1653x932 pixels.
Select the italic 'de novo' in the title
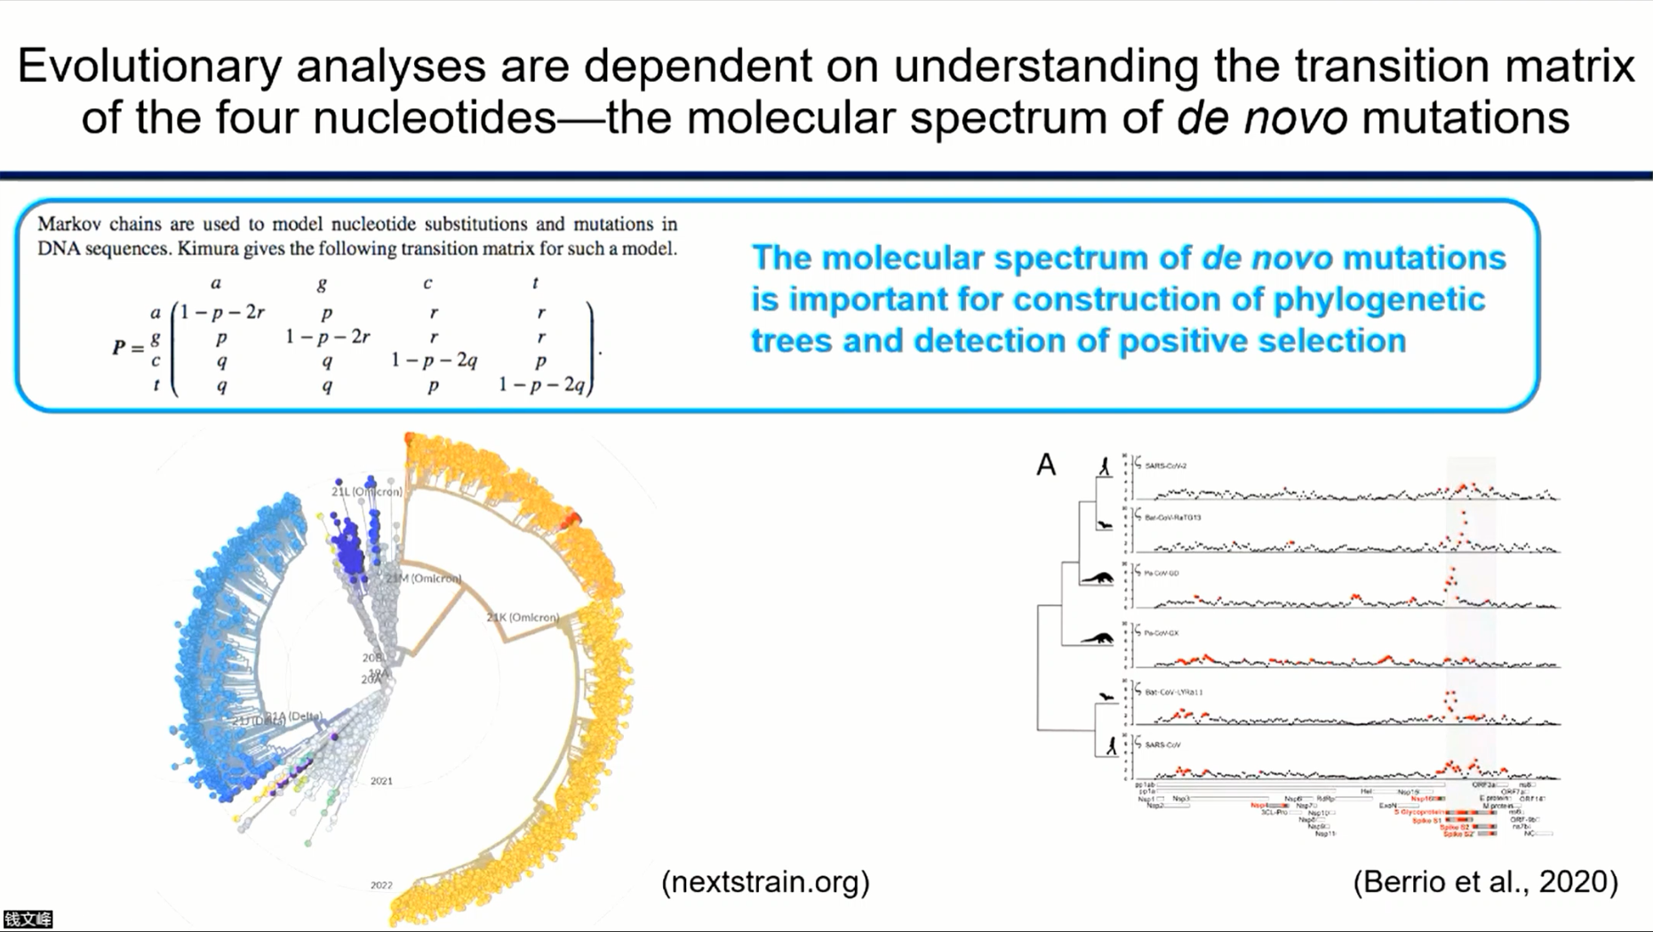click(1261, 117)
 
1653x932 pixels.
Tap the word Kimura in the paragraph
click(209, 249)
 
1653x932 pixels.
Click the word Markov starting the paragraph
click(69, 224)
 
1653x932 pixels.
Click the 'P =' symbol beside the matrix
click(128, 347)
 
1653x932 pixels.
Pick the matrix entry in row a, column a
click(222, 312)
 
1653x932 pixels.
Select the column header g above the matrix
click(322, 283)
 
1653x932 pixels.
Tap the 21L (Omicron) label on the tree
click(366, 491)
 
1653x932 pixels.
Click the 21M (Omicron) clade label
click(423, 578)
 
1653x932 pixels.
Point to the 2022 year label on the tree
click(381, 885)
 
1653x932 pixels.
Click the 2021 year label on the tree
click(381, 781)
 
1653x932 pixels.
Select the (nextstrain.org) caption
click(765, 881)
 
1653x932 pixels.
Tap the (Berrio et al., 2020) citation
click(1485, 881)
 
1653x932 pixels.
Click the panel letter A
click(1046, 465)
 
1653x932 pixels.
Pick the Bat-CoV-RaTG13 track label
click(1173, 517)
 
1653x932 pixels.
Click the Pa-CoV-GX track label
click(1162, 633)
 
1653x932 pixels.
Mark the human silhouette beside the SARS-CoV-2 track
click(1105, 466)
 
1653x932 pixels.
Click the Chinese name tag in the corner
click(28, 920)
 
